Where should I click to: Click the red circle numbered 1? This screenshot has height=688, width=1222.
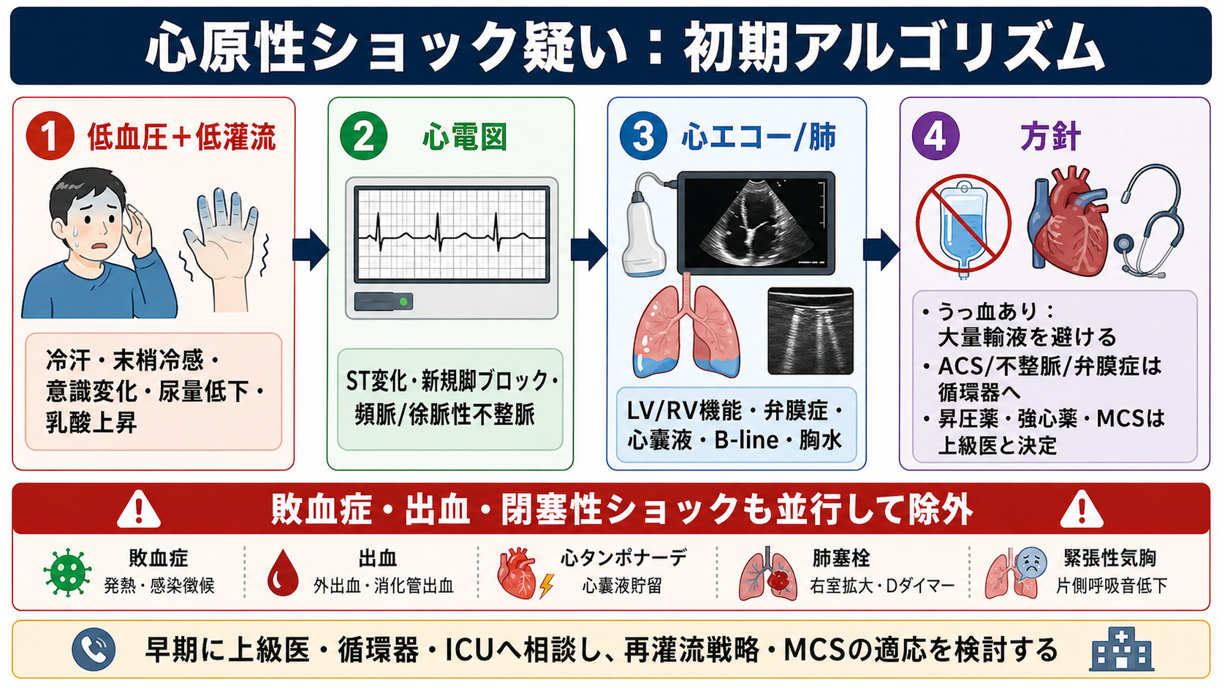[x=50, y=137]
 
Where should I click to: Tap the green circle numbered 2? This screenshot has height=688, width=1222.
[x=363, y=137]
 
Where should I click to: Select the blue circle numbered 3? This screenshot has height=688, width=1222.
[x=643, y=137]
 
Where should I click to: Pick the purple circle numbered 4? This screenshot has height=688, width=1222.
[x=936, y=137]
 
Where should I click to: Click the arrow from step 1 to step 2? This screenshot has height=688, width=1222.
[x=311, y=250]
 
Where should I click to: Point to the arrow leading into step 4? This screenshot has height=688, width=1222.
[x=881, y=250]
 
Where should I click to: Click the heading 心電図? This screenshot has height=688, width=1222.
[x=465, y=137]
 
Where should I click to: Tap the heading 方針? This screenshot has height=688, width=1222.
[x=1050, y=137]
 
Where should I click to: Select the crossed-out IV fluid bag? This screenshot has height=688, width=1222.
[x=963, y=224]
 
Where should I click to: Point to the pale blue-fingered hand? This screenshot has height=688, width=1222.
[x=225, y=249]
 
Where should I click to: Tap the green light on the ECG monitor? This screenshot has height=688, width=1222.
[x=403, y=302]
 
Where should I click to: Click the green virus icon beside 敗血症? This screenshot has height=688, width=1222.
[x=67, y=572]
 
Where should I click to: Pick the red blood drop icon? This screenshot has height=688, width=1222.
[x=283, y=572]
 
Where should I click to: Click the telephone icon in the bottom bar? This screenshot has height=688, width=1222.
[x=94, y=649]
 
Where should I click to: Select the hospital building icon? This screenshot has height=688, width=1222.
[x=1122, y=649]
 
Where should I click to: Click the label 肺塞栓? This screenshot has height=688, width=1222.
[x=840, y=558]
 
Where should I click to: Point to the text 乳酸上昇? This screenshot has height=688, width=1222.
[x=91, y=423]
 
